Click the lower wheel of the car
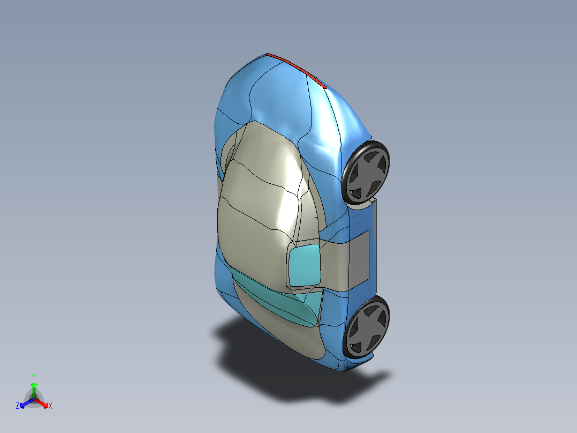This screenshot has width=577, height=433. [x=367, y=327]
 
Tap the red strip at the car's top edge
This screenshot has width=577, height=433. [x=297, y=70]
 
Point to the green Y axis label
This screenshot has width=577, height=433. [x=33, y=377]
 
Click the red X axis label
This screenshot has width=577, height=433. [x=50, y=406]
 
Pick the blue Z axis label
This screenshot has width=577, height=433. [x=18, y=406]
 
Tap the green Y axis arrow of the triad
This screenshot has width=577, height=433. [x=33, y=388]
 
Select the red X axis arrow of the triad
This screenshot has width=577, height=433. [x=43, y=402]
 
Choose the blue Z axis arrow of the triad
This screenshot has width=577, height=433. [x=25, y=402]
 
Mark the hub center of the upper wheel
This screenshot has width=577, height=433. [x=368, y=174]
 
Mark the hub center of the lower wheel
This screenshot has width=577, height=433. [x=368, y=328]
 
